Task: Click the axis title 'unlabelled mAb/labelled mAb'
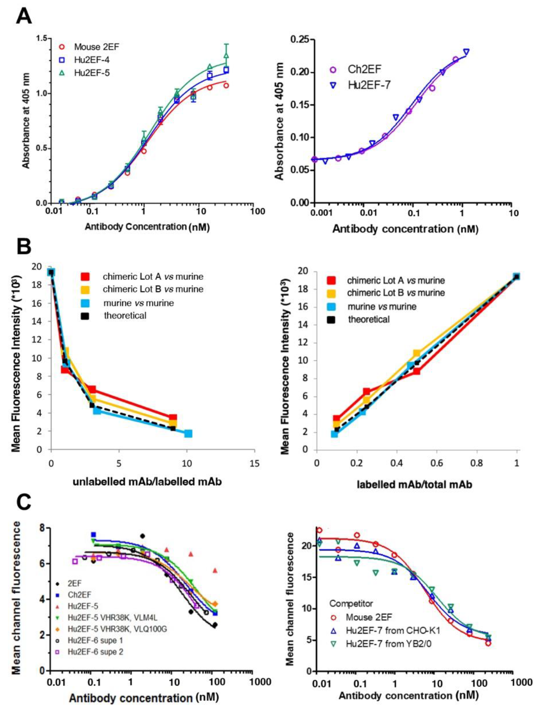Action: (x=147, y=482)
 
